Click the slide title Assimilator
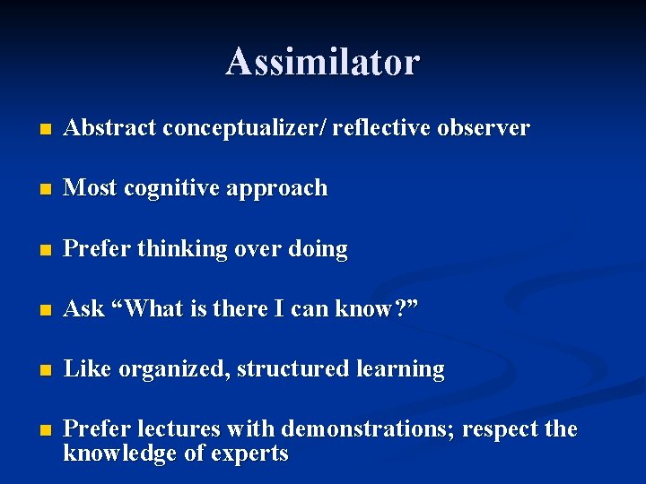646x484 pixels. [x=322, y=62]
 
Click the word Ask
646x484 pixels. [x=84, y=309]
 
